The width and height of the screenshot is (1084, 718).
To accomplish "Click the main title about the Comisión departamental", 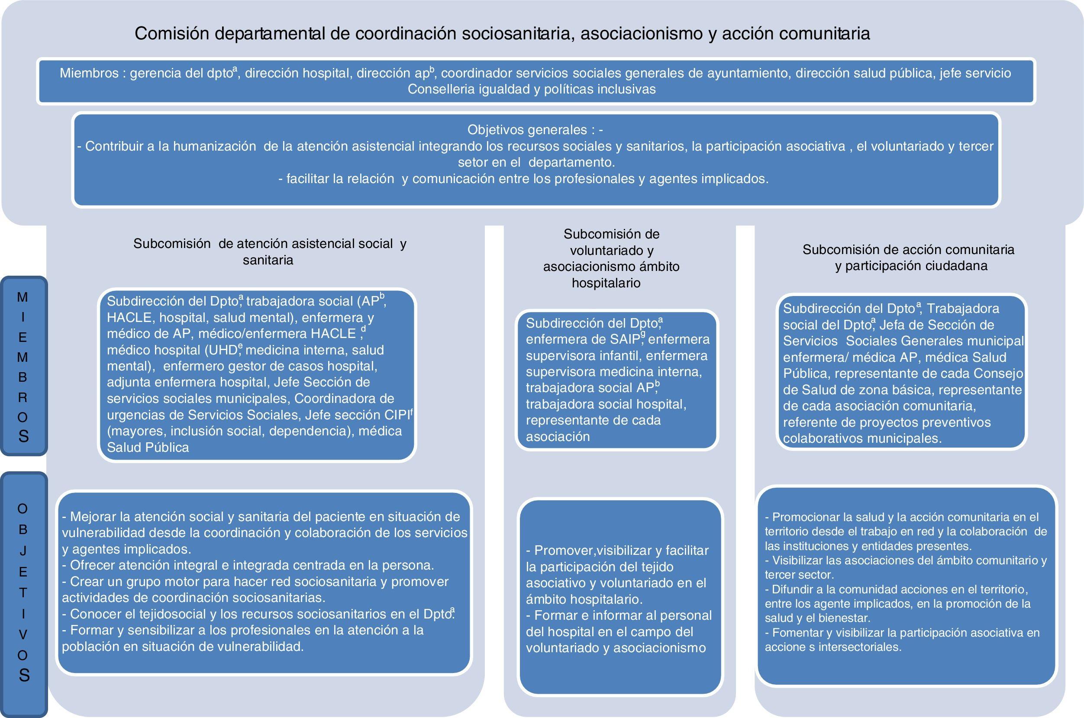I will tap(502, 33).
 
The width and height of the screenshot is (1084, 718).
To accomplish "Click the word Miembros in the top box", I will tap(88, 73).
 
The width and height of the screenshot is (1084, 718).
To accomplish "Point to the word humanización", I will tap(215, 147).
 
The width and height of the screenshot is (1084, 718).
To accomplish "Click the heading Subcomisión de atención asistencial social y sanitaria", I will tap(270, 251).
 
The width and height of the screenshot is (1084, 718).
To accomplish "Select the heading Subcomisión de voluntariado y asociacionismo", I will tap(611, 258).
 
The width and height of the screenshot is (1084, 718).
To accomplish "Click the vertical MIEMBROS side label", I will tap(23, 366).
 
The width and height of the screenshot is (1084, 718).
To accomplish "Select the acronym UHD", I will tap(223, 350).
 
